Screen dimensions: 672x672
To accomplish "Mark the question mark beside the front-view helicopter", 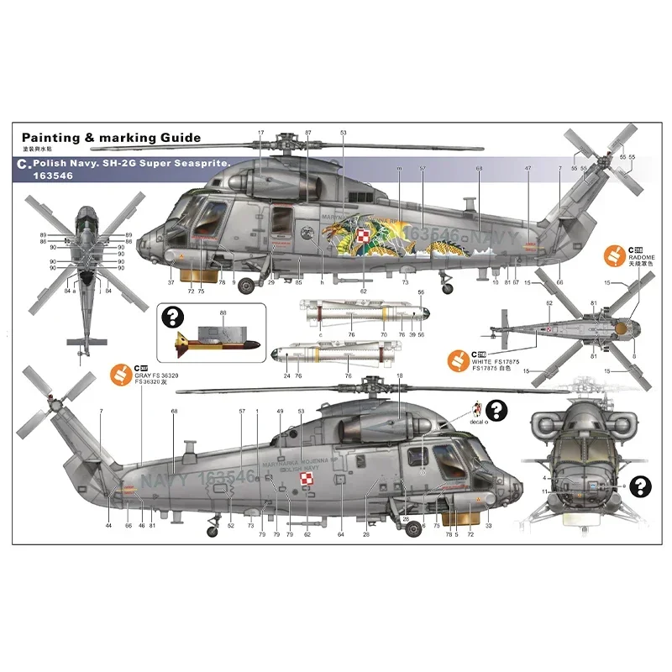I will click(x=641, y=484).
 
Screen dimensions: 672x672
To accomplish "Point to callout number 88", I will click(x=223, y=312).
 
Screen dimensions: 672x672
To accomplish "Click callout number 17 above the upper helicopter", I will click(x=261, y=133).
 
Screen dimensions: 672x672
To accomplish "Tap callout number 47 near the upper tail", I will click(x=528, y=169).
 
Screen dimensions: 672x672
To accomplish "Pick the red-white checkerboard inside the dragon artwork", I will click(x=362, y=237).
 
